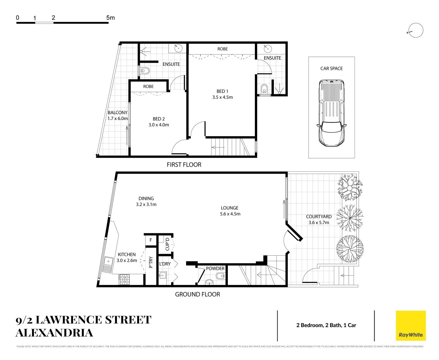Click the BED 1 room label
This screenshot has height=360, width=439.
222,91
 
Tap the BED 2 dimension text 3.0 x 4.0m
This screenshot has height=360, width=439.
159,125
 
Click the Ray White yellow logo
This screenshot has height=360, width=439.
411,326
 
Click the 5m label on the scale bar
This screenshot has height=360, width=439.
110,18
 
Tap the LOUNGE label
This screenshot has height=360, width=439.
230,208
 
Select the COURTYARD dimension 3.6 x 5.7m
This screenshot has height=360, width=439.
319,223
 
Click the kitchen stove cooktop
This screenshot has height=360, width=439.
124,279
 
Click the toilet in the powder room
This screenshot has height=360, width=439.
221,276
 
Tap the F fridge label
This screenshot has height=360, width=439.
151,240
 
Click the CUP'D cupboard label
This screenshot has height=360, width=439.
167,244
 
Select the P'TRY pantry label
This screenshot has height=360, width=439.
151,262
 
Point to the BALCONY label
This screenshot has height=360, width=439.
117,113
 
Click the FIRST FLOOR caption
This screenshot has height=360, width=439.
184,165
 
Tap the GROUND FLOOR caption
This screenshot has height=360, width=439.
197,294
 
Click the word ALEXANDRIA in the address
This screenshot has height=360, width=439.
54,333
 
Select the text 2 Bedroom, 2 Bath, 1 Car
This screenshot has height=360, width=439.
326,325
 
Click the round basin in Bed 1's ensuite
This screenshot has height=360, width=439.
267,49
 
